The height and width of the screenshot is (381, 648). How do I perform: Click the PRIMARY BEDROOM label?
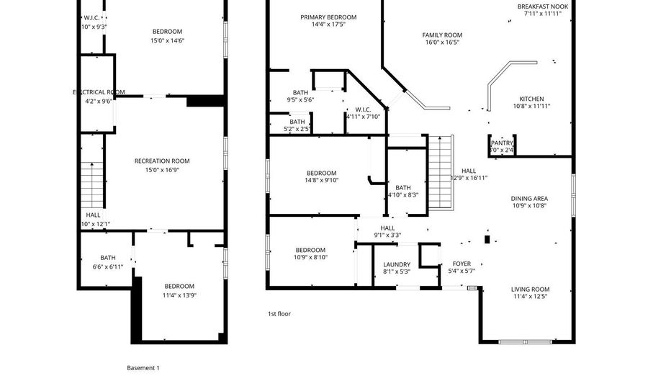328,17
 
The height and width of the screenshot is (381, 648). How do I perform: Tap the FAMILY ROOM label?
442,35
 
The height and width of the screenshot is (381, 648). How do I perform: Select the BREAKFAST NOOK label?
542,6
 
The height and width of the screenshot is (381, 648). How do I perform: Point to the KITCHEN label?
531,99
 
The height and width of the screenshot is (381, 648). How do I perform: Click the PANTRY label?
502,143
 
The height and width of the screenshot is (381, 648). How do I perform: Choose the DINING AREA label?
529,198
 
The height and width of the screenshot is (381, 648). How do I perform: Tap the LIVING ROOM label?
531,289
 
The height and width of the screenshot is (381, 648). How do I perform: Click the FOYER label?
462,264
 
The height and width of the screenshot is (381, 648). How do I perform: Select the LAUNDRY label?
397,264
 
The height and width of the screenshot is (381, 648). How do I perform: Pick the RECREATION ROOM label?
162,161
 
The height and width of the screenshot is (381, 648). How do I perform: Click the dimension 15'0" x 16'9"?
162,170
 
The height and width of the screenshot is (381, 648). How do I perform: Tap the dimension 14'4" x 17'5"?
328,25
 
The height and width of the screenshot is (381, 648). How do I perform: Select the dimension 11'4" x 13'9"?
179,295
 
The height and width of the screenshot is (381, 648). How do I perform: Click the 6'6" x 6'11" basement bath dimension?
108,266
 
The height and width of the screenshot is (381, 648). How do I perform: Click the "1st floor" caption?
279,314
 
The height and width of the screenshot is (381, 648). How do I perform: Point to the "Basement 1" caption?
143,368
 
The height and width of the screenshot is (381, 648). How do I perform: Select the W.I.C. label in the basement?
91,17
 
